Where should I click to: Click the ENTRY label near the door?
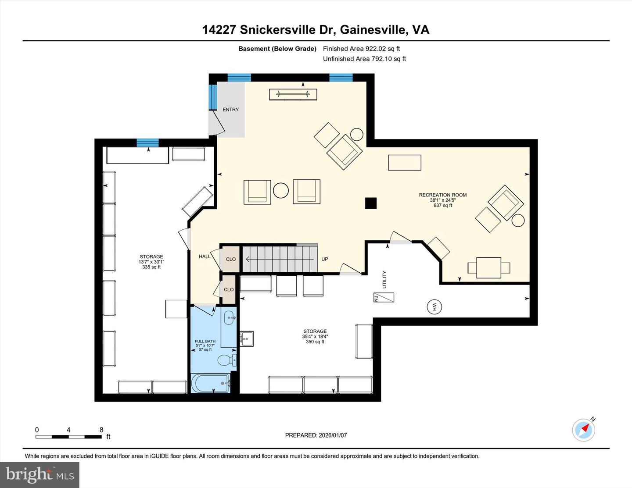pos(230,110)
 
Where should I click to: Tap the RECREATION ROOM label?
pos(442,195)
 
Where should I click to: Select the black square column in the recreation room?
pos(371,203)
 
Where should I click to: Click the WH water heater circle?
pos(434,307)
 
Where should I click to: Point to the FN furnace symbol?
pos(383,298)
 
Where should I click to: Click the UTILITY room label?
pos(385,279)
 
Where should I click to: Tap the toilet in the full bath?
pos(226,361)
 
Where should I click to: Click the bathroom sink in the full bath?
pos(230,317)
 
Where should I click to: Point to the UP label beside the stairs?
pos(325,259)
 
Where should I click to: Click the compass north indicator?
pos(584,429)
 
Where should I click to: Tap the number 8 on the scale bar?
pos(101,430)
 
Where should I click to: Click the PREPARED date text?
pos(316,435)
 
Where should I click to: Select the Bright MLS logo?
pos(39,475)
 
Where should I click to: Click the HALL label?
pos(205,256)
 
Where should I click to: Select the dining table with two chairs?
pos(488,267)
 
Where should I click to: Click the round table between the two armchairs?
pos(281,191)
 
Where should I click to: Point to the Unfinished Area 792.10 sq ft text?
pos(364,59)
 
